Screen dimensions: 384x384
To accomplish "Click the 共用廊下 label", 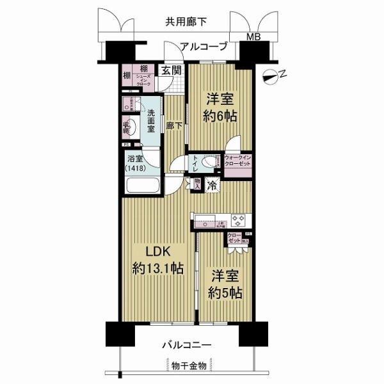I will (x=186, y=21).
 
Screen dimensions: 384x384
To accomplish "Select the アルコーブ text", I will (x=204, y=46).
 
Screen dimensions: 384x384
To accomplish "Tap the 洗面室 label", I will (x=152, y=120).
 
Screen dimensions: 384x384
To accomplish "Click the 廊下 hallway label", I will (x=172, y=126).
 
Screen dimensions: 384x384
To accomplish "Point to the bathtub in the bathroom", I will (x=145, y=186).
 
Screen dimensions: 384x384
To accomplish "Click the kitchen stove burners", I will (x=239, y=221).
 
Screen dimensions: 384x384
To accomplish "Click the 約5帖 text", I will (x=224, y=293).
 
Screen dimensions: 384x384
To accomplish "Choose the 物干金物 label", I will (x=189, y=366).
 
